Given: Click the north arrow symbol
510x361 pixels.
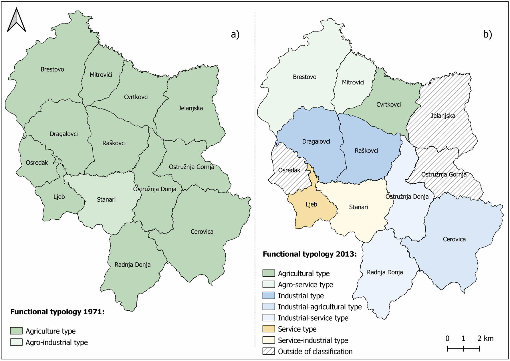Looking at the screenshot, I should (x=16, y=20).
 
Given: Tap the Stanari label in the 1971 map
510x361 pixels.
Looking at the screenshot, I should (x=106, y=199).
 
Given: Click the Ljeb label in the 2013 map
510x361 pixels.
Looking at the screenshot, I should (x=311, y=204).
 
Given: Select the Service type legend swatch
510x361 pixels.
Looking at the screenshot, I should (x=268, y=329).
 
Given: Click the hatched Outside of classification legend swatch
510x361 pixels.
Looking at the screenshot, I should (x=268, y=351).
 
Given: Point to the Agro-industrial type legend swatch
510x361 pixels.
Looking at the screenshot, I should (x=16, y=342).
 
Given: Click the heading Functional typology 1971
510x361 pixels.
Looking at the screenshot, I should (x=57, y=312).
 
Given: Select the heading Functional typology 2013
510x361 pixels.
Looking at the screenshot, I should (x=309, y=254).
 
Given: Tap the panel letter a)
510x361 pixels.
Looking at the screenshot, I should (x=235, y=35).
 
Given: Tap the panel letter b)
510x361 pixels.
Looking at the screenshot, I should (x=487, y=35).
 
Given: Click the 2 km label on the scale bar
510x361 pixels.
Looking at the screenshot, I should (x=485, y=338).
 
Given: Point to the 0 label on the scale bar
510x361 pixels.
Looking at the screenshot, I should (x=447, y=338).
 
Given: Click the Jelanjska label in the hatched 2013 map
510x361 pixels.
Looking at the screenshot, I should (x=443, y=116).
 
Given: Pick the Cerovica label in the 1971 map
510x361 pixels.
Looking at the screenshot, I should (x=202, y=231).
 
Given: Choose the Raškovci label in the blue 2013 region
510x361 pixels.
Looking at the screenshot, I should (x=366, y=150).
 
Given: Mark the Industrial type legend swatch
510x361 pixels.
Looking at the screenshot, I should (x=268, y=295).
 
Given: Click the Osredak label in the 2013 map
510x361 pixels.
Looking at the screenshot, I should (x=289, y=170).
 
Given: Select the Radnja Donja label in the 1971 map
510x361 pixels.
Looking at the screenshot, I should (x=132, y=265).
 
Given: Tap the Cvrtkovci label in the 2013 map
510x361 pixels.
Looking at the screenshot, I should (x=388, y=104).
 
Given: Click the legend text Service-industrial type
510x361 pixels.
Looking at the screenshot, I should (x=313, y=340).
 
